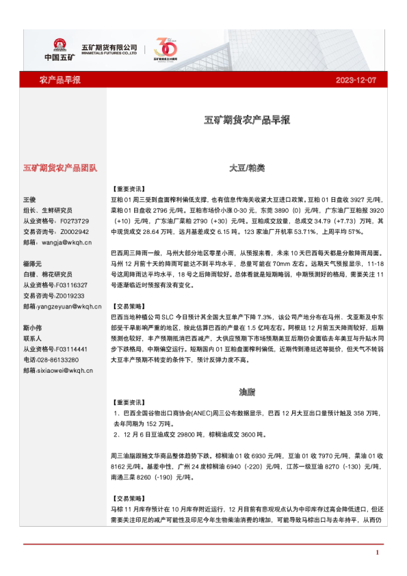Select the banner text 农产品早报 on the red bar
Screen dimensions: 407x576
click(60, 80)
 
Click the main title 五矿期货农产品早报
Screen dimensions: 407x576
click(248, 119)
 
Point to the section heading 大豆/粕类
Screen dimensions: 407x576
click(247, 168)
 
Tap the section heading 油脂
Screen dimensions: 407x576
click(247, 393)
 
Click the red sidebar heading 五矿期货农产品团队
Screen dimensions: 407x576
click(60, 168)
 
